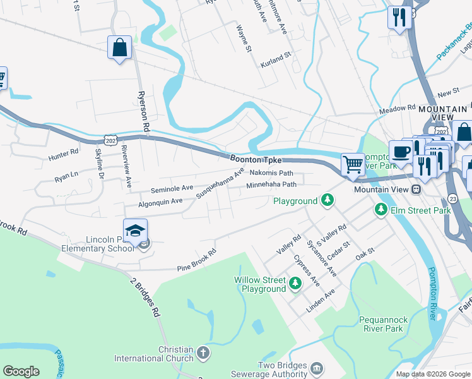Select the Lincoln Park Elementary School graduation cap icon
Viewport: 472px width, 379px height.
(135, 232)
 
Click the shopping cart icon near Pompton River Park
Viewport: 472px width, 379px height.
(353, 164)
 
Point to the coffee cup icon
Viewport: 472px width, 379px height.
(401, 152)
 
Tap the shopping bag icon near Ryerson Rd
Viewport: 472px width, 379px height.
(119, 48)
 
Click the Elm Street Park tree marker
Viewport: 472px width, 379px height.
(381, 208)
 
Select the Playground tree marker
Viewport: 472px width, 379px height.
(327, 201)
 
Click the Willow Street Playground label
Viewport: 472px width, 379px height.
(260, 284)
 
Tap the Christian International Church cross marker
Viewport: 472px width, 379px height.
(203, 351)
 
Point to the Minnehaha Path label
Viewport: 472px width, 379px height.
(271, 185)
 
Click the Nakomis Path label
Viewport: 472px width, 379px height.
(271, 172)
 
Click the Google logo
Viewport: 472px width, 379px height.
(21, 371)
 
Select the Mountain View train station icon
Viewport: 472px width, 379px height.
(416, 189)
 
